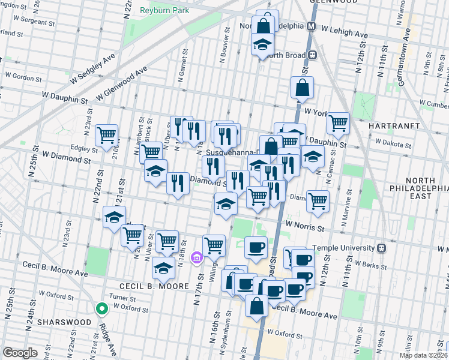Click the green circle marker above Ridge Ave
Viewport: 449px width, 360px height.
pos(102,309)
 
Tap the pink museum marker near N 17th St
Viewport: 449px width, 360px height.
pos(196,258)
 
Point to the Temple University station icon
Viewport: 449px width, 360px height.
pos(381,248)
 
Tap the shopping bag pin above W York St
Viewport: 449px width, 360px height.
pos(302,88)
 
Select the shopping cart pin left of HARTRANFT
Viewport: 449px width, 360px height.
pos(339,123)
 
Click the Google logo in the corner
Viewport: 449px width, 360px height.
pos(20,352)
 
